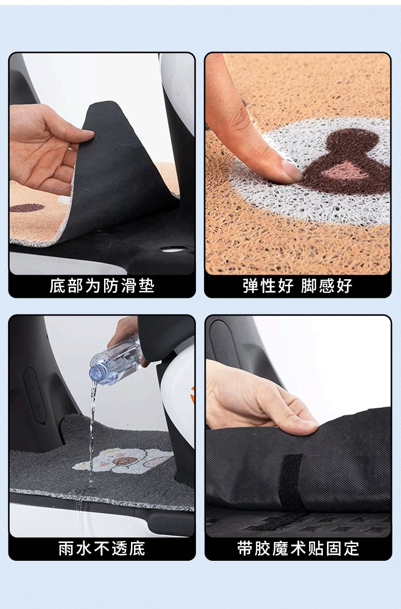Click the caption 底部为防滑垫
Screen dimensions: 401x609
102,286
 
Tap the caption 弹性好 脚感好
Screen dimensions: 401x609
297,286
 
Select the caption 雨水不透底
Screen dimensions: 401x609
102,549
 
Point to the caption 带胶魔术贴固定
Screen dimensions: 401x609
298,549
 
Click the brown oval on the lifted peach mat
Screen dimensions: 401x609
27,208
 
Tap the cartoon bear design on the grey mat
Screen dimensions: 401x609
123,460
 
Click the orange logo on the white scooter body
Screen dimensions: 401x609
192,394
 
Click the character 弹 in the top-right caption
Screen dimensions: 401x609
251,286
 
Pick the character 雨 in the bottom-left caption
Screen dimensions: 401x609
66,549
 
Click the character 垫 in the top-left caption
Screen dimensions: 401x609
147,286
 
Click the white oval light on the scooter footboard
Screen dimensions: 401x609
174,249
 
